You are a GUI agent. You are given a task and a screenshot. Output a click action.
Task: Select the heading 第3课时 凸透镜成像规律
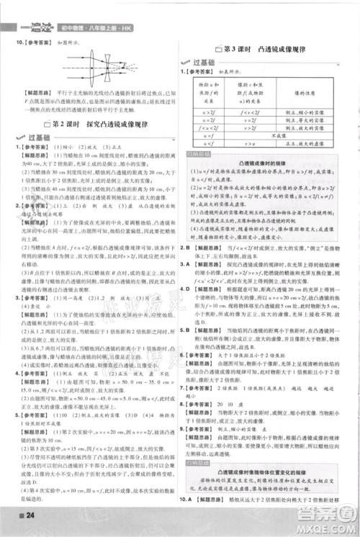point(264,48)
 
